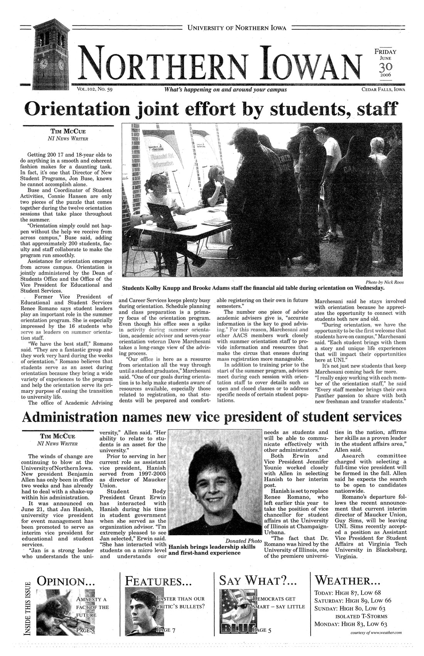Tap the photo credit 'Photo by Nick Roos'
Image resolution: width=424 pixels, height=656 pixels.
381,282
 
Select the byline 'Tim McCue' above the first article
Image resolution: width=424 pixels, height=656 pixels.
67,131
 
